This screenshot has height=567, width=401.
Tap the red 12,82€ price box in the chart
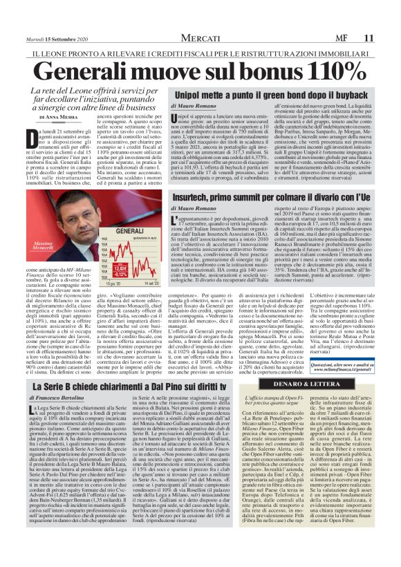[x=124, y=269]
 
